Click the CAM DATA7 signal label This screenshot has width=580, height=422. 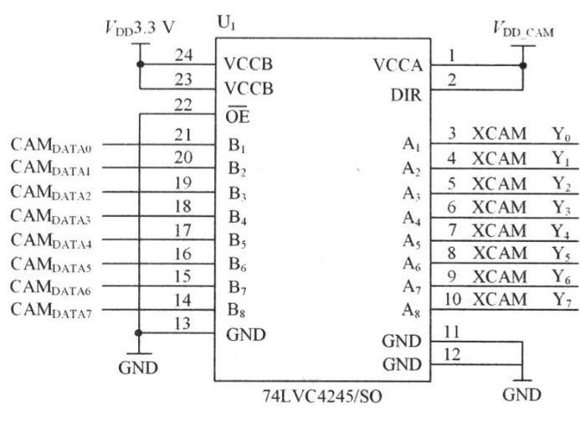point(64,311)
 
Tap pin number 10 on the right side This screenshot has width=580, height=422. point(454,299)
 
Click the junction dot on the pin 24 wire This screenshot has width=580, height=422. point(139,64)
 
